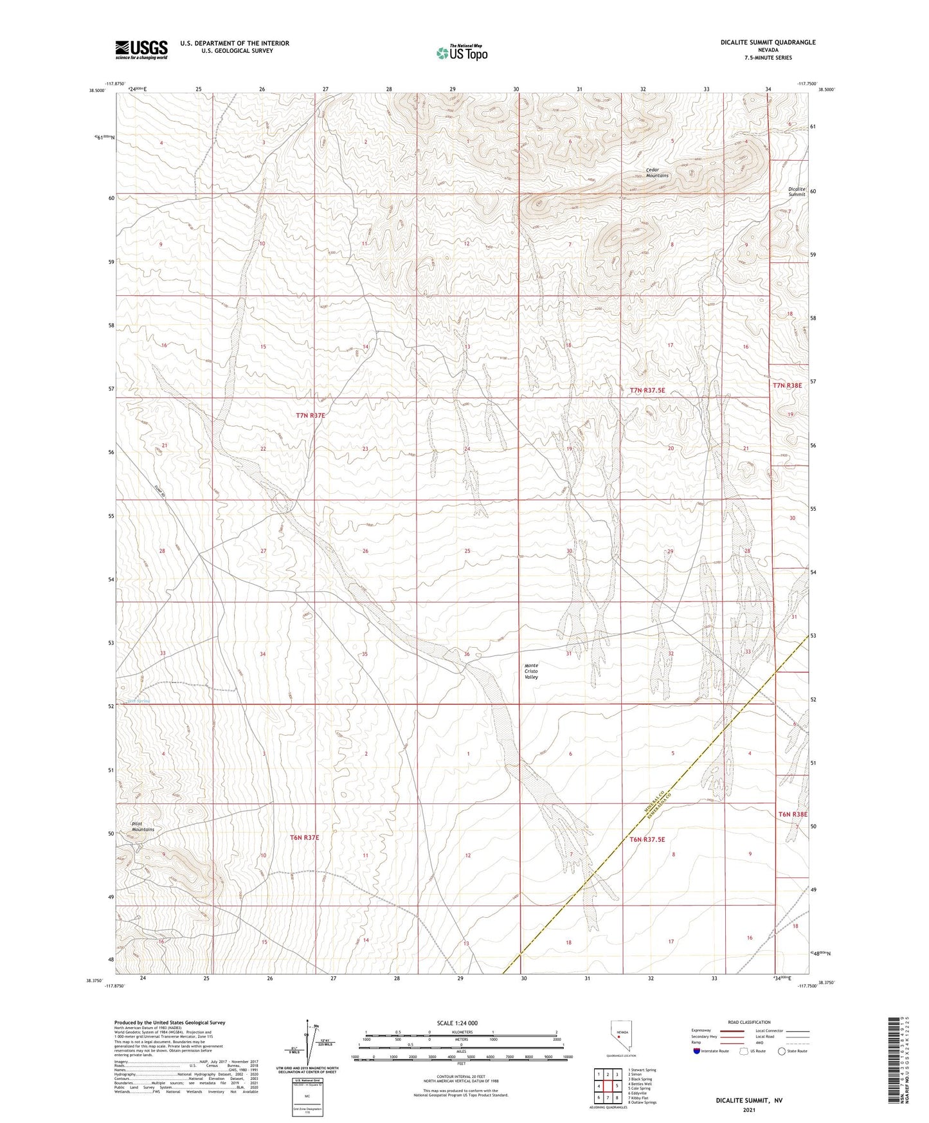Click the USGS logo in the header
click(x=141, y=50)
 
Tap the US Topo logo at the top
click(x=461, y=53)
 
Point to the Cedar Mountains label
click(x=657, y=173)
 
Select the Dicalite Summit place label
click(x=796, y=192)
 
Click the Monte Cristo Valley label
click(x=530, y=671)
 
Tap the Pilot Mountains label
click(x=143, y=826)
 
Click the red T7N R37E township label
click(x=311, y=416)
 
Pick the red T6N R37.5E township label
click(x=647, y=839)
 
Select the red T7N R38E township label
click(x=787, y=385)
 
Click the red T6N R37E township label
click(x=304, y=837)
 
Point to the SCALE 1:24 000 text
click(x=457, y=1023)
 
